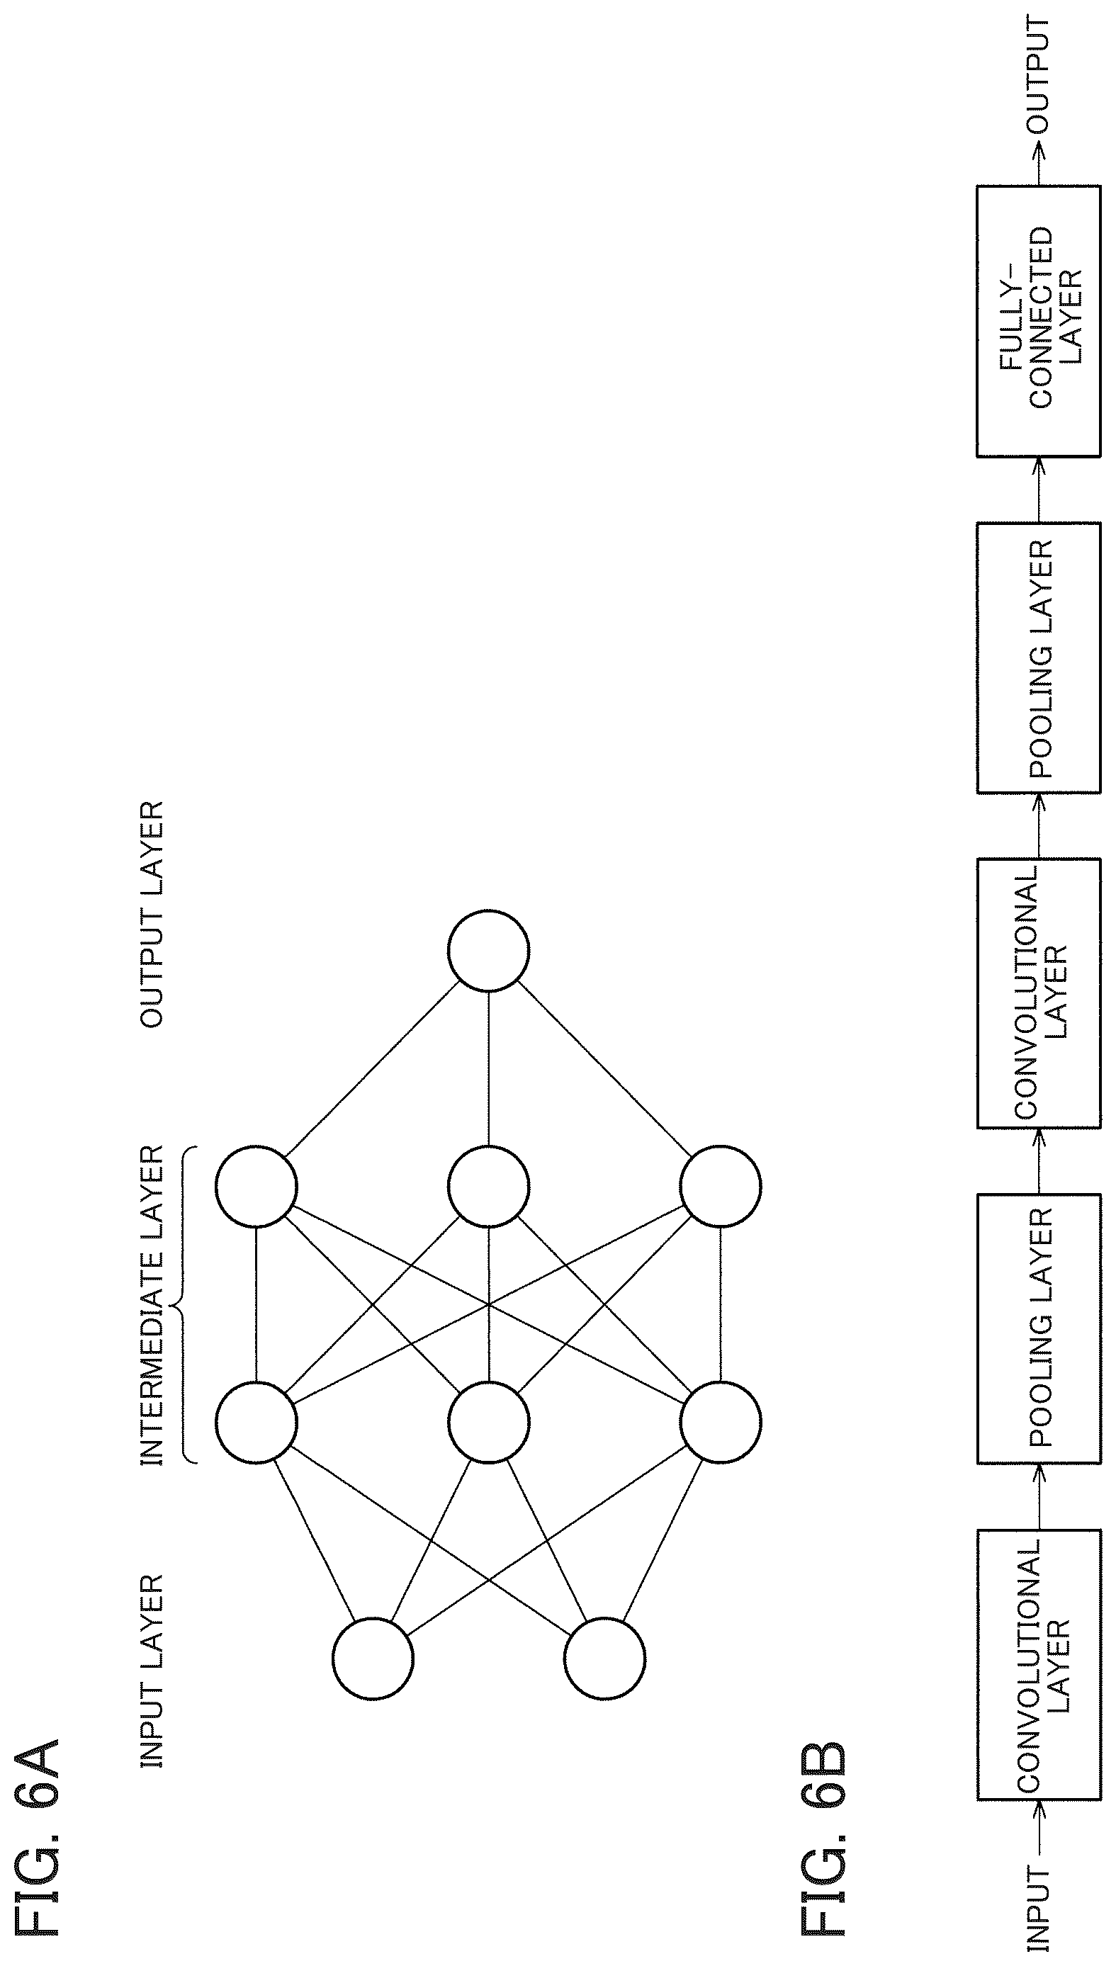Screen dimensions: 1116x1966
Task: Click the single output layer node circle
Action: click(x=488, y=950)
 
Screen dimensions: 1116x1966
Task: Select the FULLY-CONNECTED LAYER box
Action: click(x=1039, y=322)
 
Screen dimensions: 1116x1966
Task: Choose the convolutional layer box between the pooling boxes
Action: click(x=1039, y=993)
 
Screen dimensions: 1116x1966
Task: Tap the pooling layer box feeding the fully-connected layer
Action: click(x=1039, y=657)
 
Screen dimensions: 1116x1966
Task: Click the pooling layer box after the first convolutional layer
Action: click(x=1039, y=1328)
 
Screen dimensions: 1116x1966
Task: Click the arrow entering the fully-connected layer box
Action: click(x=1039, y=490)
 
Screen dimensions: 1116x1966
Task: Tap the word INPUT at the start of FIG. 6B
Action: click(x=1039, y=1909)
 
